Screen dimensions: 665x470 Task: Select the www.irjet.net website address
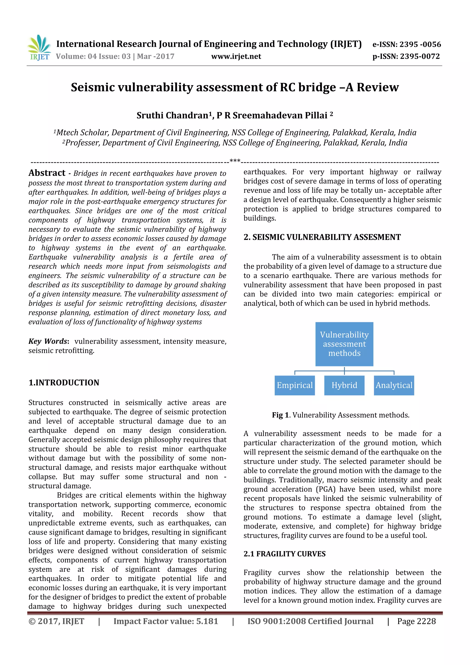(236, 56)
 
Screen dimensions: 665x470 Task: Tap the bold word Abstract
(47, 173)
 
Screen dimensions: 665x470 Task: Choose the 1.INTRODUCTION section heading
(64, 383)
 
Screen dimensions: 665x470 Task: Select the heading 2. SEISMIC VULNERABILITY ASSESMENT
(322, 237)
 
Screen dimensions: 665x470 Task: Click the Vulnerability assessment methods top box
(344, 344)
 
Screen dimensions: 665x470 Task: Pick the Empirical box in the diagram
(294, 385)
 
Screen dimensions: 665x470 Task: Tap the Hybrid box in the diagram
(344, 385)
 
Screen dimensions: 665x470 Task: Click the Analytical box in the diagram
(394, 385)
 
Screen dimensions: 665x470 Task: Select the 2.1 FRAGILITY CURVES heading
(284, 554)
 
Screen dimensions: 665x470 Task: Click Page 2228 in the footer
(416, 621)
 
